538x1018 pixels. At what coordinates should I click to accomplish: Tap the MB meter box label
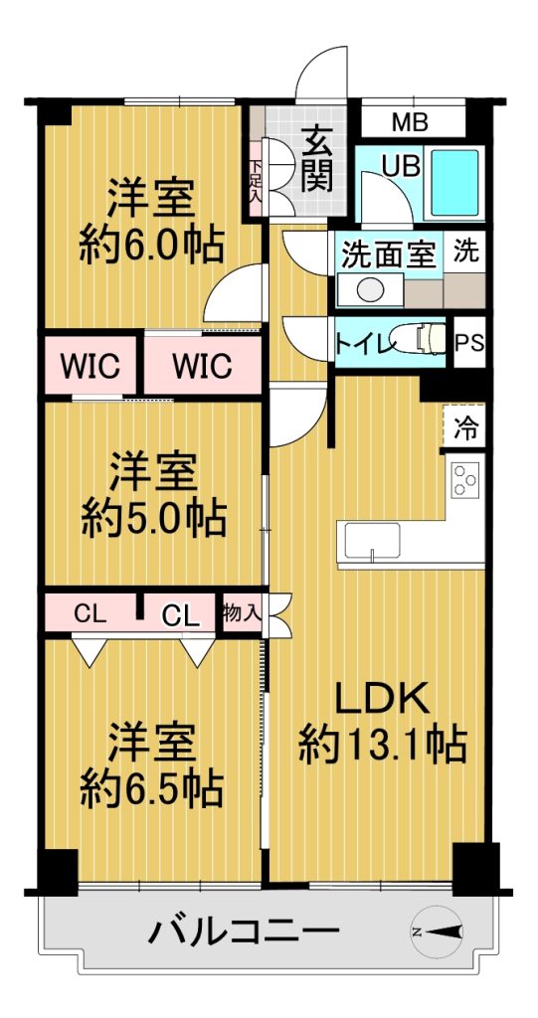pos(411,122)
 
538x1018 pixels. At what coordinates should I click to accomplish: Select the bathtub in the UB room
pos(455,182)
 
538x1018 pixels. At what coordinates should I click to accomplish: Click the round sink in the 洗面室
pos(370,289)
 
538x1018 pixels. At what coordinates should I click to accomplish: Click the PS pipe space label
pos(469,342)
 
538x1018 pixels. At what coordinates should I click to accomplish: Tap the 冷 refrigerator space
pos(464,426)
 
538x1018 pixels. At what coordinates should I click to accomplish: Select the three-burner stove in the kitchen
pos(465,480)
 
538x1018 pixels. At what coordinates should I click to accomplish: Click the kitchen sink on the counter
pos(372,541)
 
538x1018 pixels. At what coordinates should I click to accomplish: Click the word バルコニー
pos(244,933)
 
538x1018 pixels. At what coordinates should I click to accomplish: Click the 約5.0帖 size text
pos(153,517)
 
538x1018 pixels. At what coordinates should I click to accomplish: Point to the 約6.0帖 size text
pos(151,244)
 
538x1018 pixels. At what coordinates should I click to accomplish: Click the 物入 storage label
pos(243,611)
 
